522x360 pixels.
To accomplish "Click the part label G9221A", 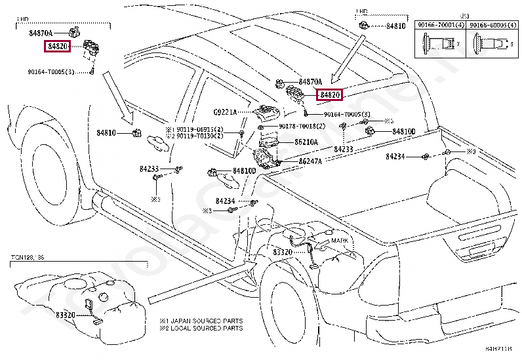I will pyautogui.click(x=224, y=113).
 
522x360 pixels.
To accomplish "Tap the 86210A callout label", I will pyautogui.click(x=306, y=142).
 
